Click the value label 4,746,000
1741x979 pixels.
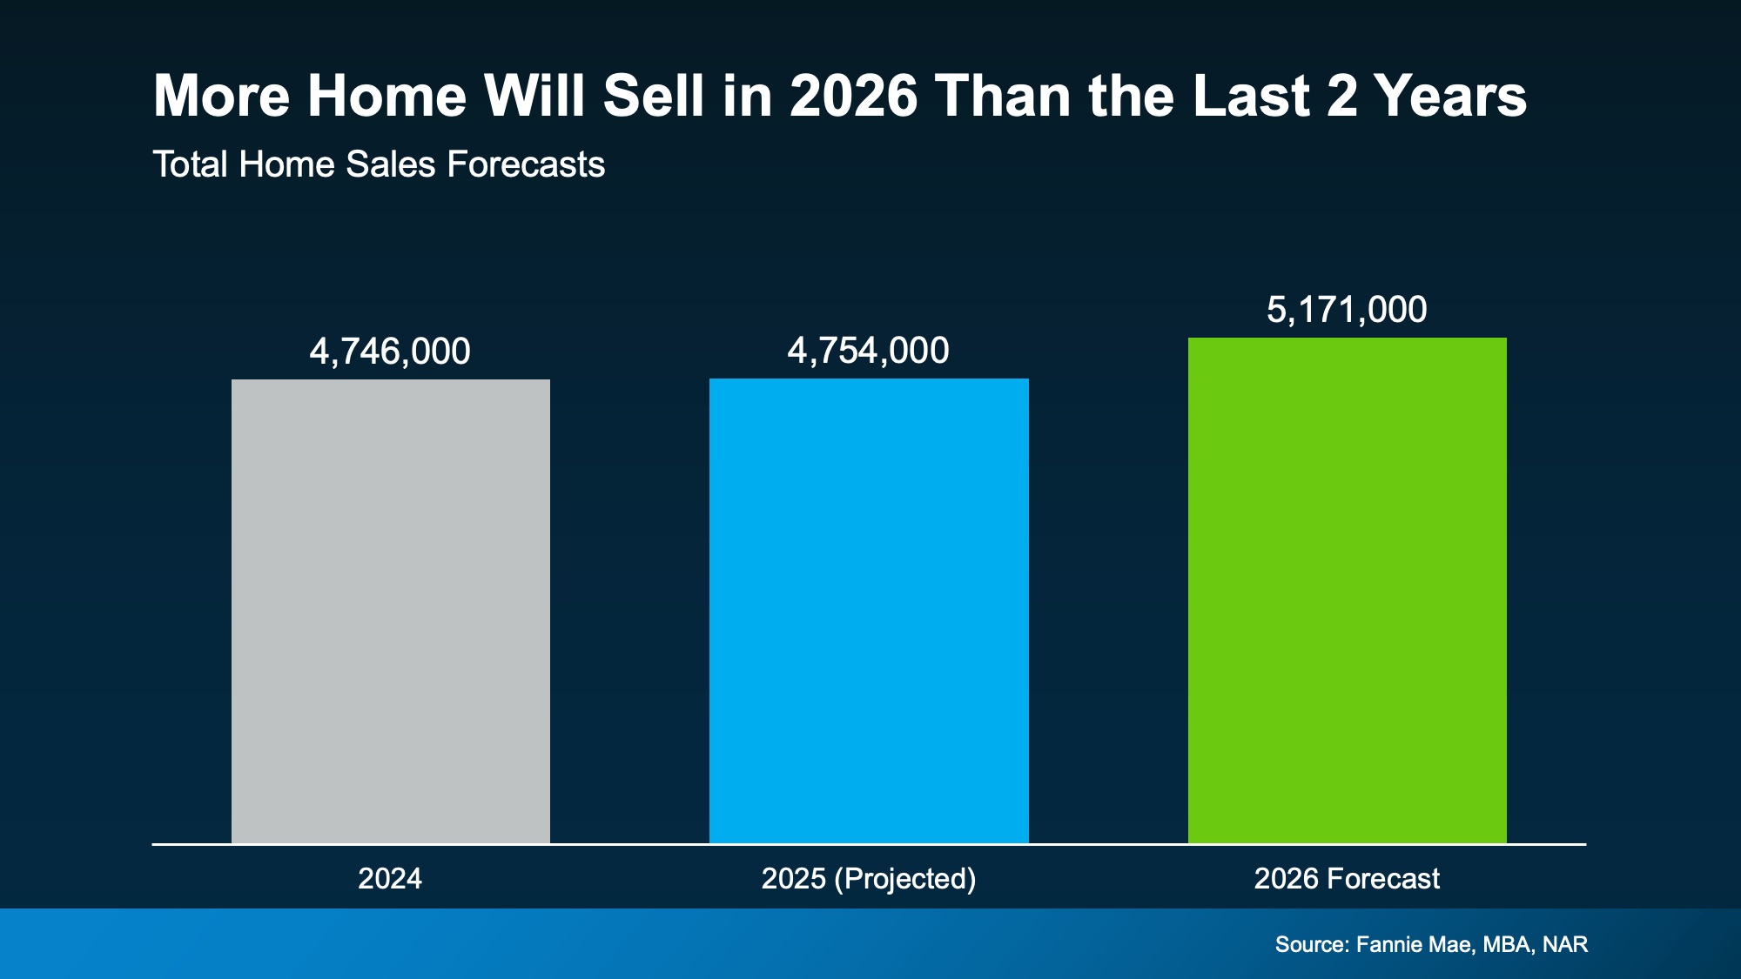(390, 352)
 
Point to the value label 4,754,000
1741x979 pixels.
(868, 351)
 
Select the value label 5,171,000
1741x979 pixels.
(1347, 310)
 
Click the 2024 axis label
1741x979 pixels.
(390, 878)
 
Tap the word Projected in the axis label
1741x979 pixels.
(904, 878)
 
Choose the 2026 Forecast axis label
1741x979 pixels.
(1347, 878)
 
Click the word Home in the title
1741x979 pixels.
(387, 96)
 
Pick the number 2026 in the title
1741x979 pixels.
(853, 96)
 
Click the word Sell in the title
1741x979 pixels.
(653, 96)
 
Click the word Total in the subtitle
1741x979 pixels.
(191, 164)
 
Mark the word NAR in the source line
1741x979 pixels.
(1564, 944)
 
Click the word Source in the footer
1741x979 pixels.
(1311, 944)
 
